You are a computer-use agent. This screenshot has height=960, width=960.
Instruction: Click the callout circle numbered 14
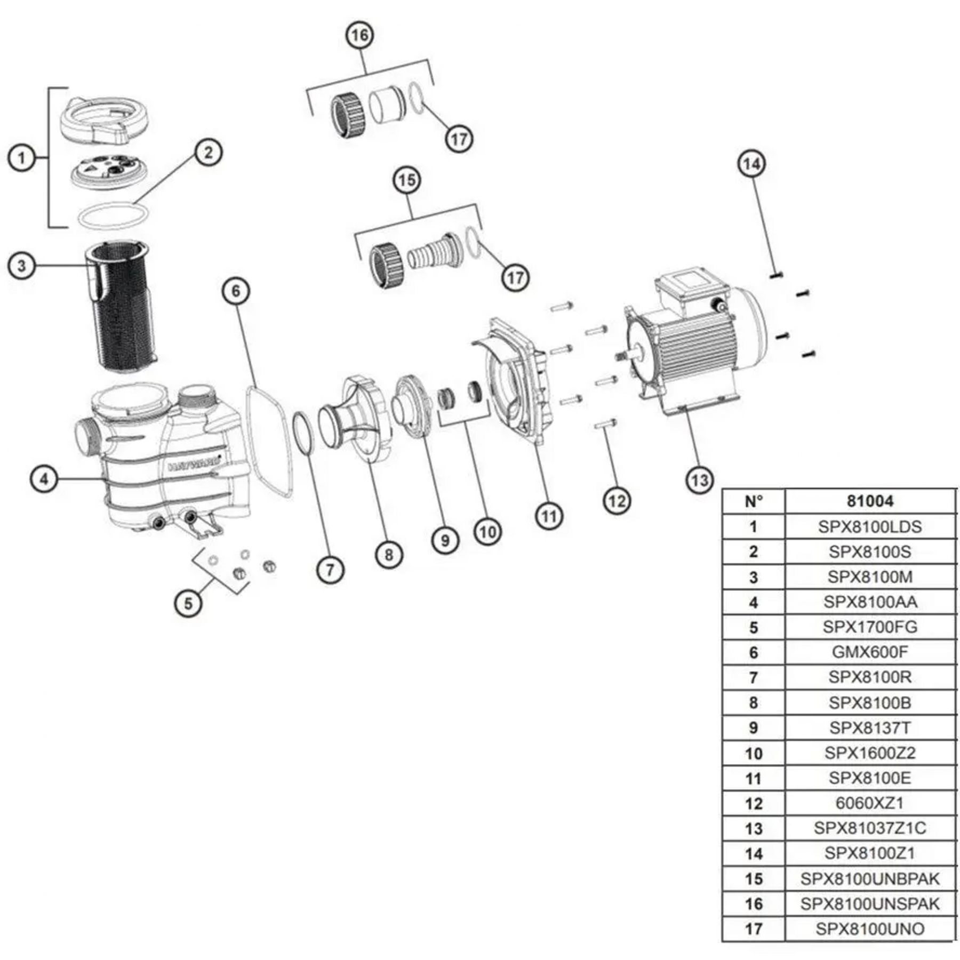tap(751, 164)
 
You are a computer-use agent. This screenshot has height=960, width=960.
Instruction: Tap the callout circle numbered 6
tap(236, 291)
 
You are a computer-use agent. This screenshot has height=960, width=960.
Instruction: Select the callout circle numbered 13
tap(699, 481)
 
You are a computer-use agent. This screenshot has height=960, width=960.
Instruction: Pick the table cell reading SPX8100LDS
tap(870, 527)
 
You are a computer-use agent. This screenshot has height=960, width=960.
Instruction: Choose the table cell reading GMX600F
tap(870, 652)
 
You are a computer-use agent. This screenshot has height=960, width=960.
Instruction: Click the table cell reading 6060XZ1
tap(870, 803)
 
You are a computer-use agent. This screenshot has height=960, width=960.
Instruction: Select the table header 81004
tap(870, 501)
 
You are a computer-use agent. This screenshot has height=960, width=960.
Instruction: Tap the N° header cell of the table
tap(753, 501)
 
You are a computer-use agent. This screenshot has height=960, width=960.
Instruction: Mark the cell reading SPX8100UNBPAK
tap(870, 879)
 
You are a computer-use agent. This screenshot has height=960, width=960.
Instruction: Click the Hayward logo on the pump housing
tap(195, 467)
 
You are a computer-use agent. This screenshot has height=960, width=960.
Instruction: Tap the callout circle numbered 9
tap(445, 540)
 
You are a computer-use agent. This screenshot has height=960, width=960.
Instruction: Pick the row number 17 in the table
tap(753, 929)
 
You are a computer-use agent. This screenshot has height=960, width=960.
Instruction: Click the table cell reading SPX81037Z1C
tap(870, 828)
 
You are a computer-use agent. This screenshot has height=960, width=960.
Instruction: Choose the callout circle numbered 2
tap(208, 153)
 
